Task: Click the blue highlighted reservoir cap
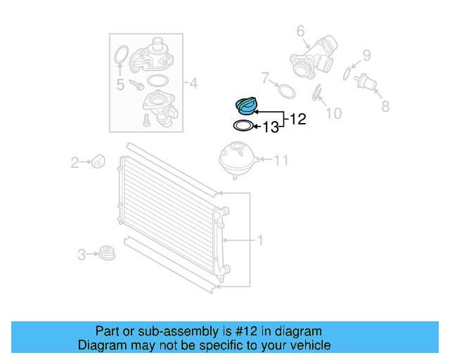tap(245, 106)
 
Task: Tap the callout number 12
tap(298, 119)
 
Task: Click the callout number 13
tap(271, 127)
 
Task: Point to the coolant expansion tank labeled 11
tap(238, 159)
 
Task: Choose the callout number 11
tap(281, 160)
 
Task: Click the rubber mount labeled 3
tap(107, 253)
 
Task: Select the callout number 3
tap(82, 255)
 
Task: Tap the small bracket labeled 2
tap(98, 161)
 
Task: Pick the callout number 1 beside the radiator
tap(260, 240)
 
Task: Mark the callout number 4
tap(194, 84)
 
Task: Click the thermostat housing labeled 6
tap(314, 58)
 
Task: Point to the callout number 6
tap(300, 31)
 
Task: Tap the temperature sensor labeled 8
tap(366, 82)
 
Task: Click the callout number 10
tap(334, 113)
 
